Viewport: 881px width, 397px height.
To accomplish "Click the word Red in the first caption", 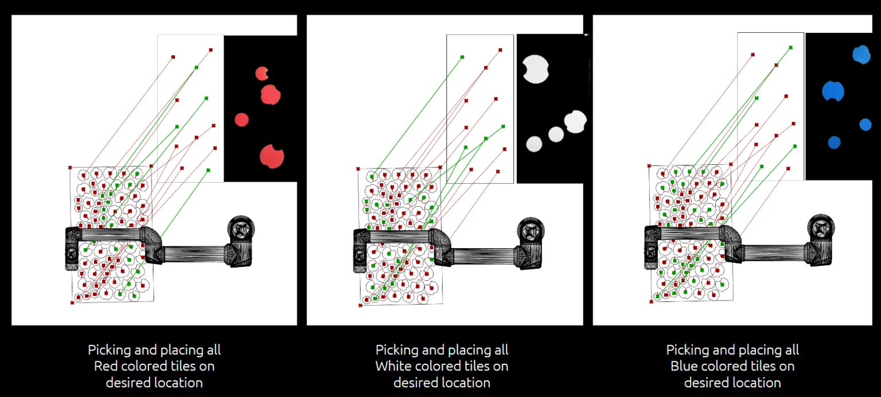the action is (x=105, y=366).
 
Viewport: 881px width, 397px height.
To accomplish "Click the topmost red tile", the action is (x=262, y=74).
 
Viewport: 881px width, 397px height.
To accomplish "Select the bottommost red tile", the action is (x=271, y=156).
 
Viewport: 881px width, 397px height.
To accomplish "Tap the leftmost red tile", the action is (x=241, y=120).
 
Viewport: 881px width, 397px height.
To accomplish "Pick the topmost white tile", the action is (x=536, y=69).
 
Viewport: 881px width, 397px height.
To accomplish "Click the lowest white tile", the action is (x=534, y=144).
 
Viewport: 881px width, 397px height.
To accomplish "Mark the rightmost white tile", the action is (x=575, y=122).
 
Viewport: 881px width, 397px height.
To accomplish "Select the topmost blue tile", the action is (x=861, y=54).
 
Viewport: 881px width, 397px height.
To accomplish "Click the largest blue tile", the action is (x=833, y=91).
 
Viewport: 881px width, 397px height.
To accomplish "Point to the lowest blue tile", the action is (x=834, y=142).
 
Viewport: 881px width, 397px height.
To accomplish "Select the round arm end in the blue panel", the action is (x=821, y=228).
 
